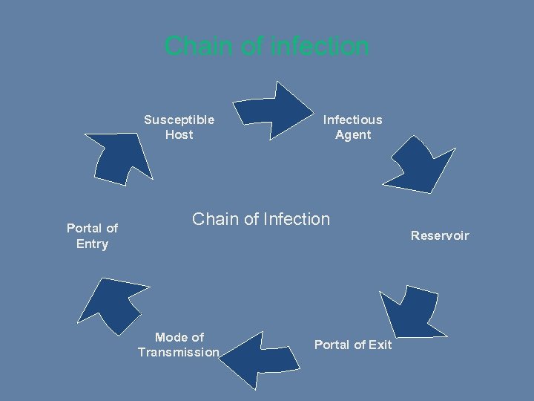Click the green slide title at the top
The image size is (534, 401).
pos(266,46)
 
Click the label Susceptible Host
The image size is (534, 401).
pos(179,127)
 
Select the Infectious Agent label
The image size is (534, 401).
pos(352,127)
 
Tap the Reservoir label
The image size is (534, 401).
pos(440,235)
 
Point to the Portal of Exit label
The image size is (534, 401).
pos(353,345)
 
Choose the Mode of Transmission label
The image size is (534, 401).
pos(179,345)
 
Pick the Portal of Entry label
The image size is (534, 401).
pos(92,236)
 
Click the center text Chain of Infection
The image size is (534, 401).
pos(261,219)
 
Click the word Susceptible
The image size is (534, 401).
pos(179,120)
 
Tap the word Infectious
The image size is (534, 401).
pos(352,120)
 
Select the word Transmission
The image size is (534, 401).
pos(179,352)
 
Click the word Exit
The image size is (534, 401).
pos(380,345)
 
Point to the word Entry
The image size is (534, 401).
pos(92,244)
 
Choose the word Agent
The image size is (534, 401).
pos(353,134)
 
